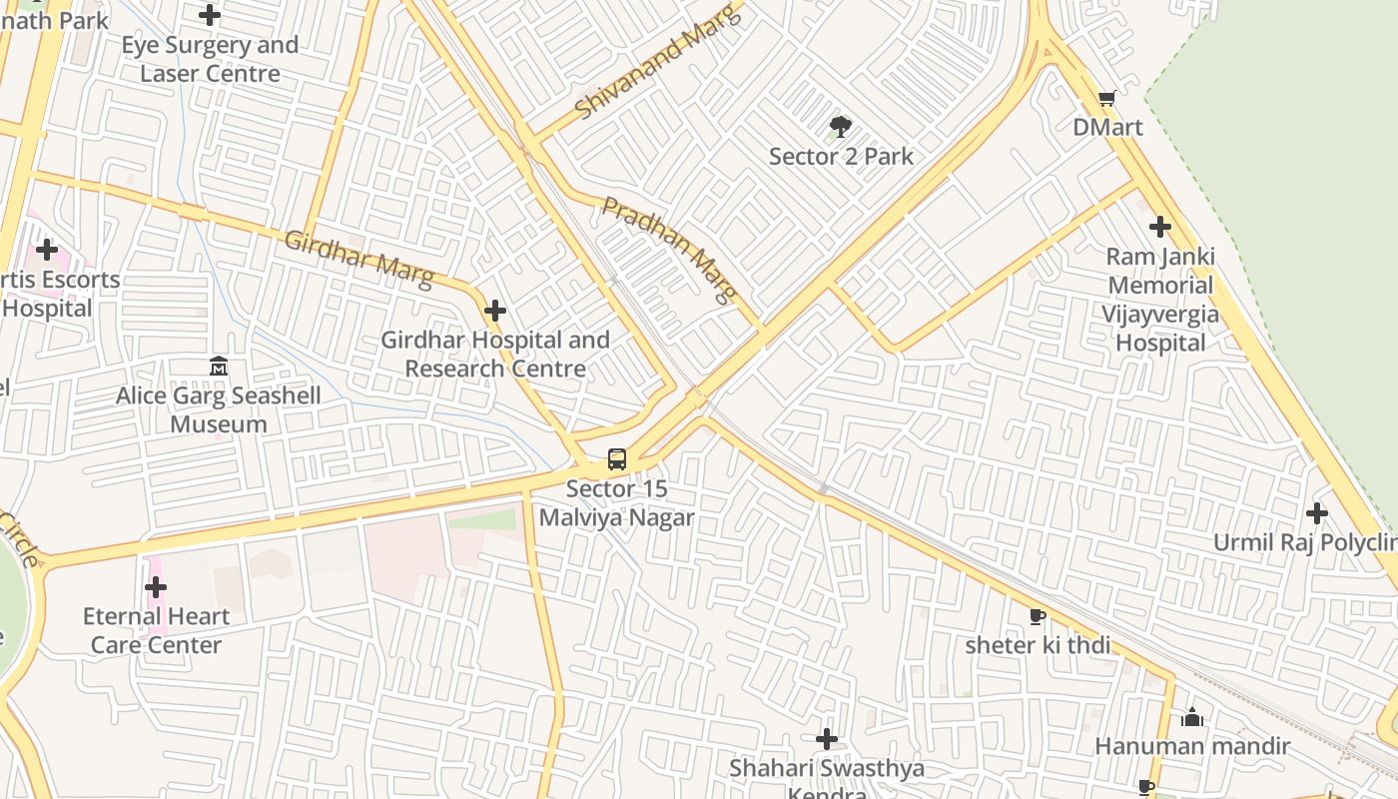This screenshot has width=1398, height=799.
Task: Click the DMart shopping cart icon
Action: (x=1106, y=98)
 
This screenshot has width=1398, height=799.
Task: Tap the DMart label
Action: (x=1107, y=128)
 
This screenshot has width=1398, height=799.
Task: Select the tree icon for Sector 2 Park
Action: (x=840, y=127)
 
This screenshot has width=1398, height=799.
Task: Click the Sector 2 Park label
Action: (x=841, y=157)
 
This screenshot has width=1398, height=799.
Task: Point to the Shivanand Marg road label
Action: (x=659, y=62)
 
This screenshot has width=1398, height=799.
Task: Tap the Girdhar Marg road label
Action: (x=358, y=258)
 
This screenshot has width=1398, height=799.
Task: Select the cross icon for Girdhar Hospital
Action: (x=494, y=311)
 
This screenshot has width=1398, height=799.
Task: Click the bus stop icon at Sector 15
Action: (x=617, y=459)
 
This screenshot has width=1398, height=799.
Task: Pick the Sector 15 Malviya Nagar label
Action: (x=616, y=503)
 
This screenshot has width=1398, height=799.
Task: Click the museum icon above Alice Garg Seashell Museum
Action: (x=219, y=367)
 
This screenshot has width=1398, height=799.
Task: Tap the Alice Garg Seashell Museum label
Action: (x=219, y=409)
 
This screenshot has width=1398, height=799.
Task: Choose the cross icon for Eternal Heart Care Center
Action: (x=156, y=587)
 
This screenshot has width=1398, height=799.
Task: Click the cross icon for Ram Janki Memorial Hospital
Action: (x=1159, y=227)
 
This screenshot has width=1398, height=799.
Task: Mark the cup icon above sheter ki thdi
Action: (x=1037, y=616)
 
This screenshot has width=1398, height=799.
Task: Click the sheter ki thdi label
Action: (x=1037, y=645)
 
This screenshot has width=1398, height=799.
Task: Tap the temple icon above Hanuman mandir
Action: (x=1192, y=717)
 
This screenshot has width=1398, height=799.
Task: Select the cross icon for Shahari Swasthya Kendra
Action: (x=826, y=739)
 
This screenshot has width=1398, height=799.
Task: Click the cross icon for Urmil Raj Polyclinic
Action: (x=1317, y=513)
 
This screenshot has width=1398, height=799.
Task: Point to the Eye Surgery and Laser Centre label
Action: (x=210, y=59)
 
